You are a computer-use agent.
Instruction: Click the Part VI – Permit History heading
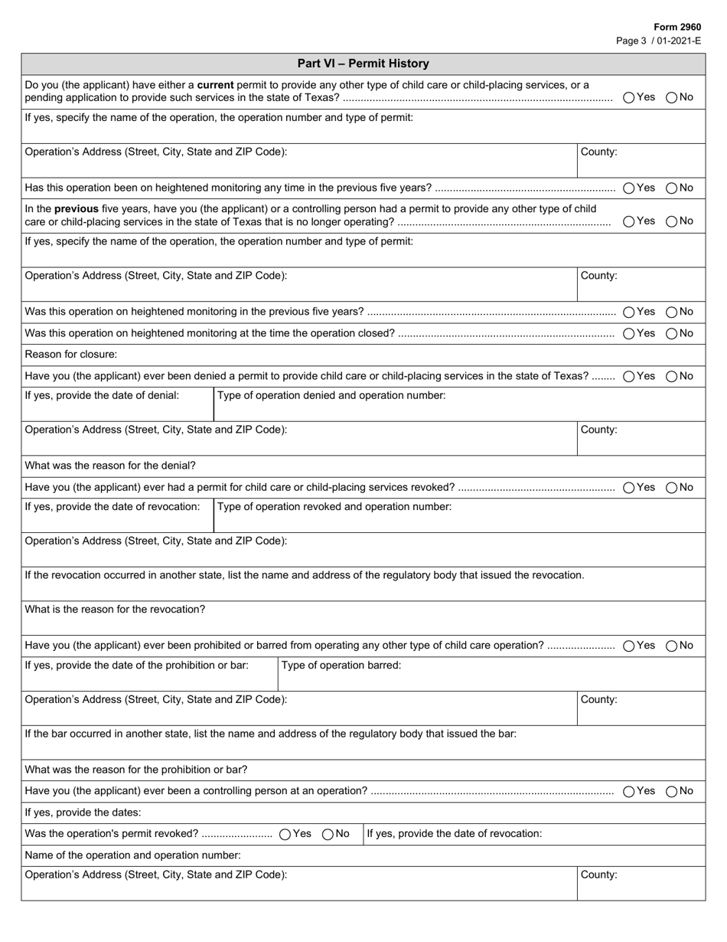click(x=363, y=64)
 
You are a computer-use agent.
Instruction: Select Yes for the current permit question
click(x=628, y=97)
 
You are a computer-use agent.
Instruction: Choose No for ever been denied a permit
click(x=671, y=376)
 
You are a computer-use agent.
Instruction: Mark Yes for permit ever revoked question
click(x=628, y=487)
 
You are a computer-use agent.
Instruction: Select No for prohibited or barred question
click(x=671, y=646)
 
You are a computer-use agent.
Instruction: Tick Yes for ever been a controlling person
click(x=628, y=791)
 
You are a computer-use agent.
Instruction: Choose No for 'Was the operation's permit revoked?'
click(x=328, y=834)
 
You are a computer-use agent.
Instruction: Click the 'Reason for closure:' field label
click(x=71, y=355)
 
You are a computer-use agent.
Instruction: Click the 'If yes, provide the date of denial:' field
click(x=102, y=395)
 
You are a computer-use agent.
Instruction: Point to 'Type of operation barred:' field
click(x=341, y=665)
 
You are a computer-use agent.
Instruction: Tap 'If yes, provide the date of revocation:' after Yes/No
click(x=455, y=833)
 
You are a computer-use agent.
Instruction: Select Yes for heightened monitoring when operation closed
click(x=628, y=333)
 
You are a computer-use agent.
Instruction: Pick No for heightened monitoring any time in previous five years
click(x=671, y=188)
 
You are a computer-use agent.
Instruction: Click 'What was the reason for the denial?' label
click(x=110, y=466)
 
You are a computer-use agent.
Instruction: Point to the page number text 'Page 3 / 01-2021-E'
click(x=658, y=41)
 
